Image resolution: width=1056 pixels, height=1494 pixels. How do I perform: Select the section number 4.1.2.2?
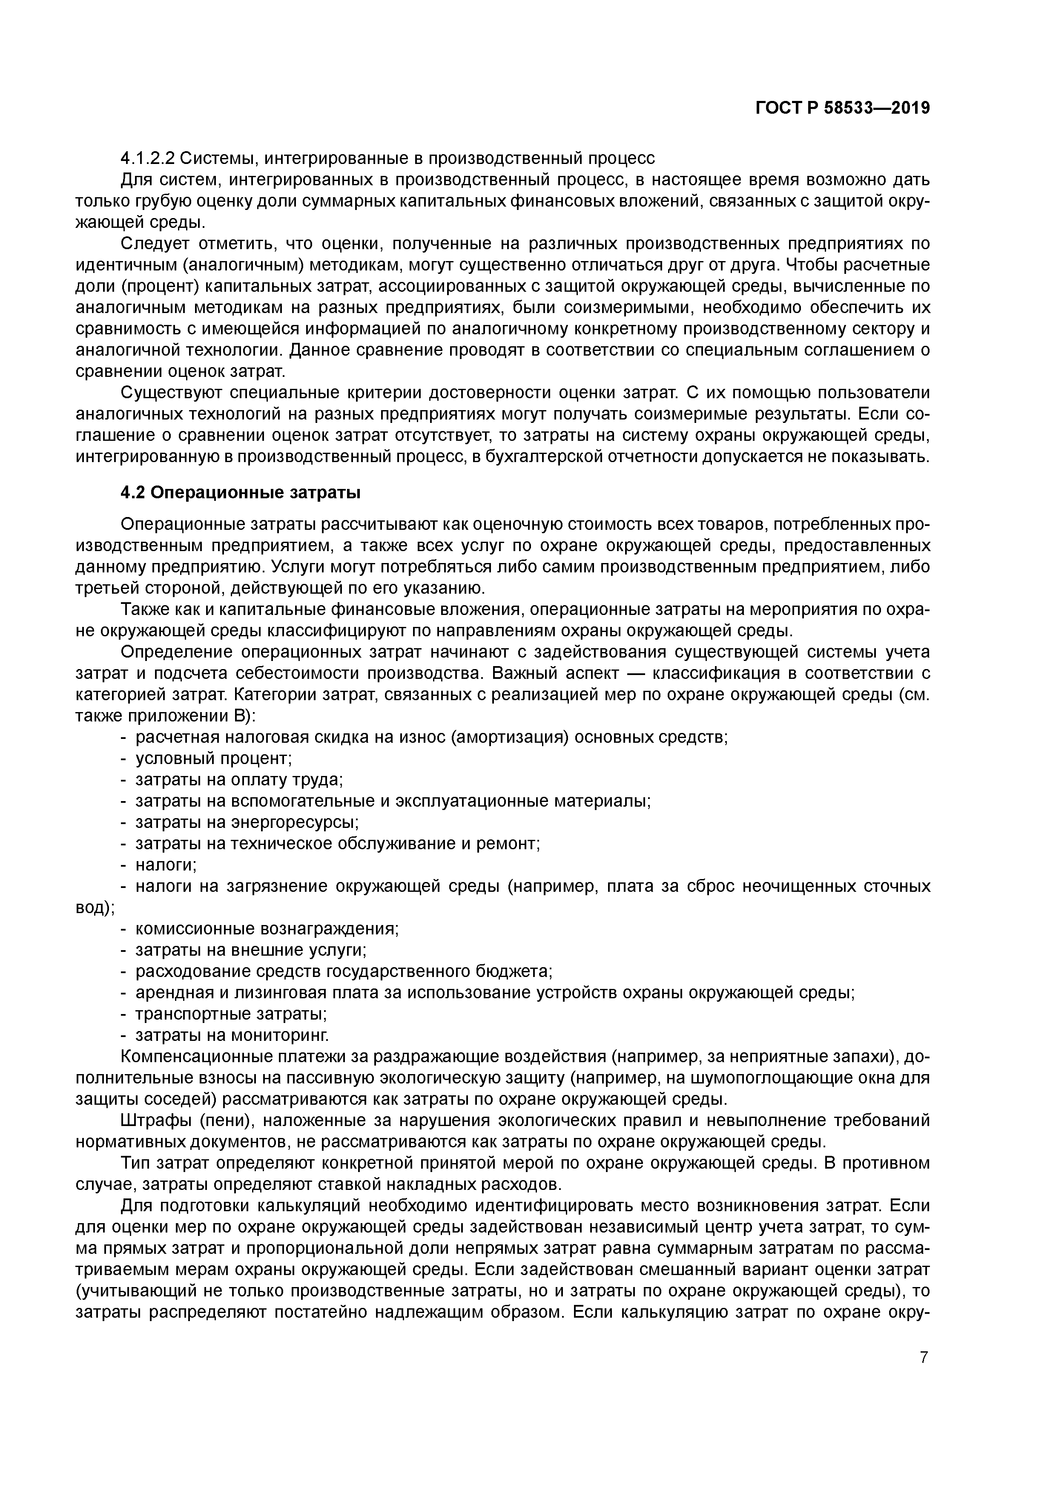click(x=147, y=158)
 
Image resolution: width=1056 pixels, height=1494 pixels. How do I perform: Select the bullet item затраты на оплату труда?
click(x=239, y=779)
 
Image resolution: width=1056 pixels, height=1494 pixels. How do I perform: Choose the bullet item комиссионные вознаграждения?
click(x=267, y=928)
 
